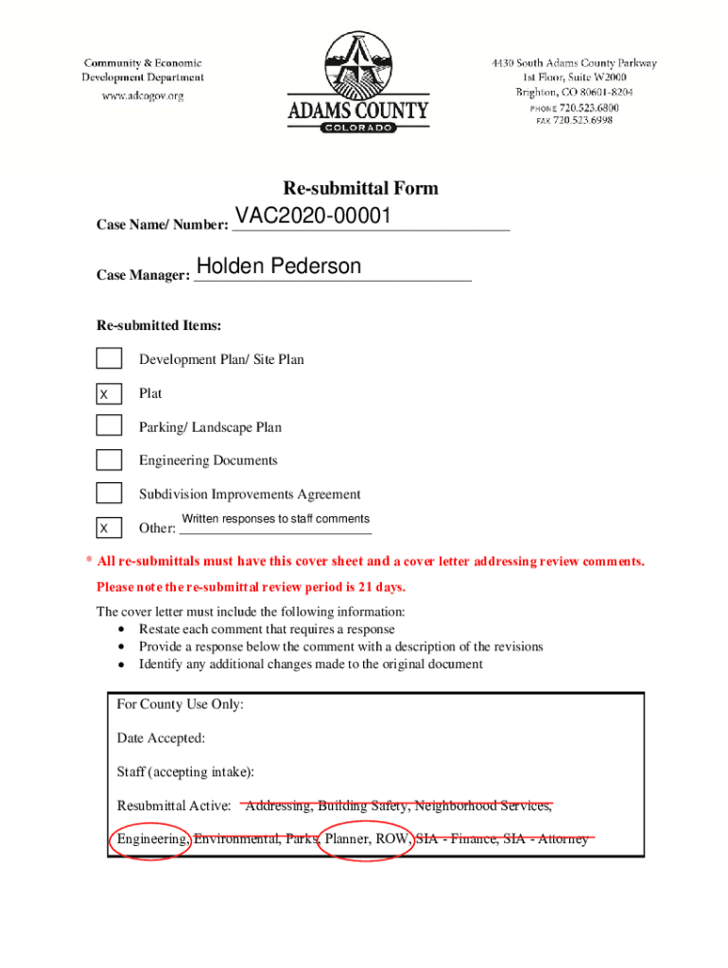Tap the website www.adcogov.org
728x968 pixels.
coord(143,95)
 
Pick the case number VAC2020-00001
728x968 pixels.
coord(313,216)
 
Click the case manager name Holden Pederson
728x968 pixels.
coord(279,267)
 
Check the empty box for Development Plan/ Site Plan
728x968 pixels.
coord(109,358)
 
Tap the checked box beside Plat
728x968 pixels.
coord(109,393)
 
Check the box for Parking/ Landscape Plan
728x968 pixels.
coord(109,426)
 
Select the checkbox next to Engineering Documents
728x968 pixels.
coord(109,460)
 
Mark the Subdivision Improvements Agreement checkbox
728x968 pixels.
coord(109,493)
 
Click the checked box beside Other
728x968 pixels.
coord(109,527)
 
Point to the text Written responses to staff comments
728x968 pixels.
coord(275,519)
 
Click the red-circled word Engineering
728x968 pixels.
coord(151,838)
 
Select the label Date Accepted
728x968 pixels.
coord(161,738)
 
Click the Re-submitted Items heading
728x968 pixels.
coord(159,326)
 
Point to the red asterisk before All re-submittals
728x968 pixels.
coord(89,562)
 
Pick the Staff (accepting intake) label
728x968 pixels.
coord(185,772)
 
